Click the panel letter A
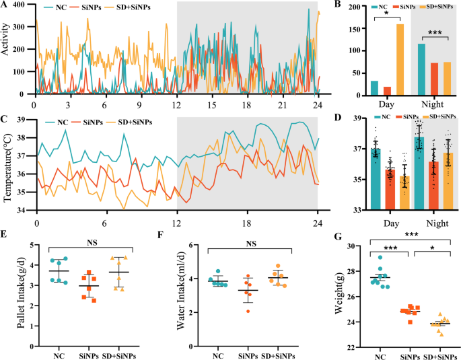[x=5, y=6]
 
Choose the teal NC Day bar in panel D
[x=376, y=179]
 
